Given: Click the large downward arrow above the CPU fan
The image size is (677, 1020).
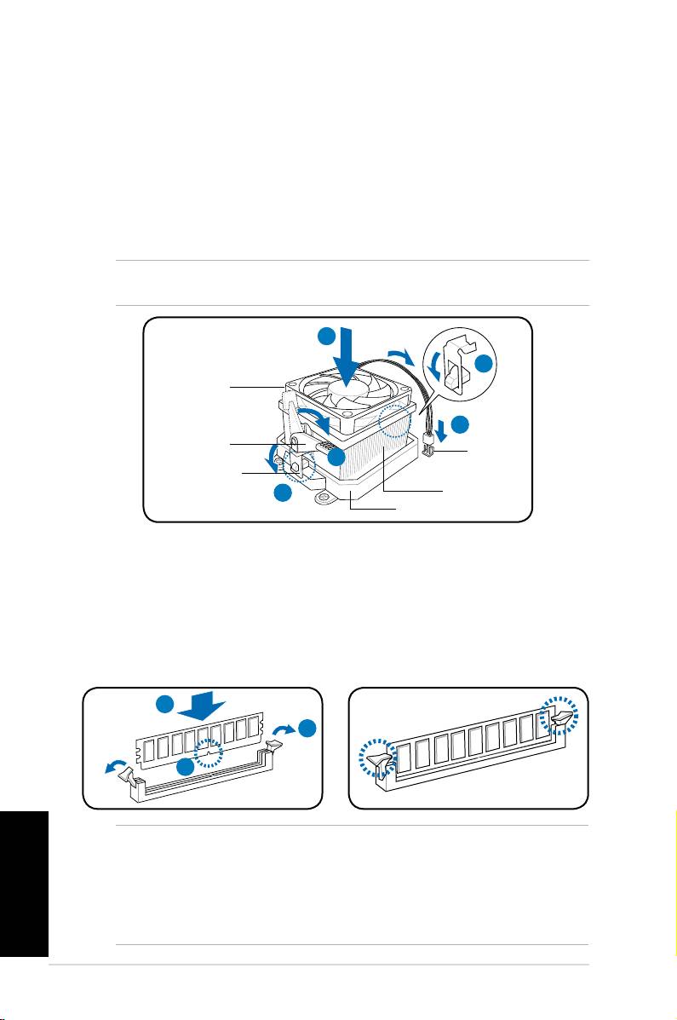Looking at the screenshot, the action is coord(350,359).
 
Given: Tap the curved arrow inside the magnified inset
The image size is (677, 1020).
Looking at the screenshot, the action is coord(438,368).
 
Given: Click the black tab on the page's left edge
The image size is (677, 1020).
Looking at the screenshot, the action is coord(24,883).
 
